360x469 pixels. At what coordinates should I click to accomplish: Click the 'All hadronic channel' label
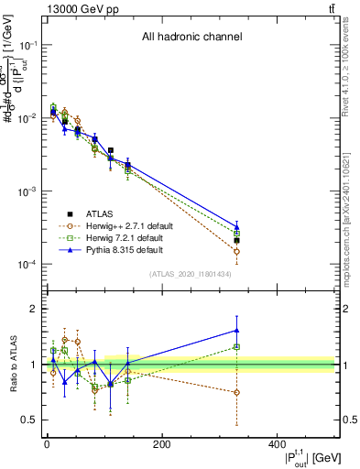tap(191, 38)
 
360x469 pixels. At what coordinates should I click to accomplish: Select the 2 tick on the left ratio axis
tap(35, 309)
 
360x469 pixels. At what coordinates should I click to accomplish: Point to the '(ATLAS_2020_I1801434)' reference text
tap(191, 274)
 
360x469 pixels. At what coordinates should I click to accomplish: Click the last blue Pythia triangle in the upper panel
tap(236, 226)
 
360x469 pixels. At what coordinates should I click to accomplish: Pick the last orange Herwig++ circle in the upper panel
tap(236, 251)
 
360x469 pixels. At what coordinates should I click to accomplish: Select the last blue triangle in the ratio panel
tap(236, 331)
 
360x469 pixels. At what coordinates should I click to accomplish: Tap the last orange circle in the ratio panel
tap(236, 392)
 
